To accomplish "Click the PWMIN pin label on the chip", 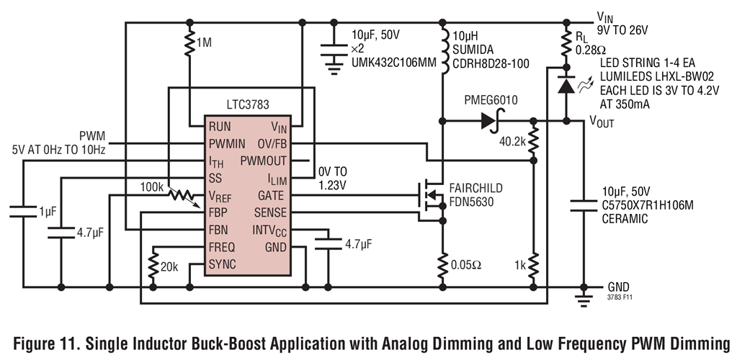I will (x=227, y=143).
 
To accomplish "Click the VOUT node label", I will (x=602, y=122).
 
